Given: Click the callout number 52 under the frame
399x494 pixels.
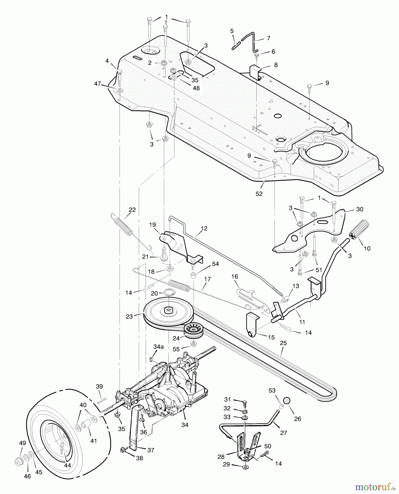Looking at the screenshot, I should (259, 194).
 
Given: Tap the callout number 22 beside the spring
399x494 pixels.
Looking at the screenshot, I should (132, 210).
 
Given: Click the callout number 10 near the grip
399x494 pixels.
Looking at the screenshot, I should (367, 248).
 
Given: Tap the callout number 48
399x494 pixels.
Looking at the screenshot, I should (196, 88).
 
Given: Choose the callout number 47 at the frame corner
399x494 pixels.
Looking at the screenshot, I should (98, 84).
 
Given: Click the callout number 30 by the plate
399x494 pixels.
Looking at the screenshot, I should (360, 209).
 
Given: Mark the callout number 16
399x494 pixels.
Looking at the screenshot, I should (234, 276).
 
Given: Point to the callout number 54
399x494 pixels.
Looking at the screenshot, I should (216, 264).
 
